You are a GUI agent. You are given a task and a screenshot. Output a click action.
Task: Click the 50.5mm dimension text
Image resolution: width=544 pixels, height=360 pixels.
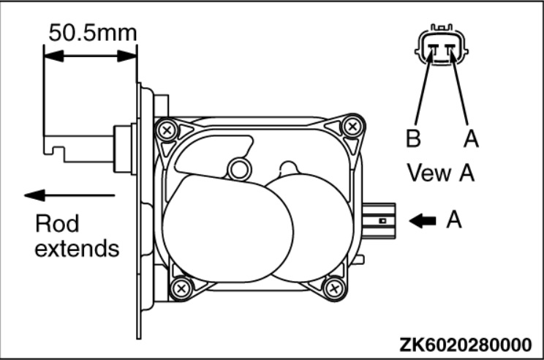(93, 33)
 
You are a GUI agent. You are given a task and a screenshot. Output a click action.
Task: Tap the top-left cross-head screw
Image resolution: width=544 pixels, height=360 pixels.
(167, 130)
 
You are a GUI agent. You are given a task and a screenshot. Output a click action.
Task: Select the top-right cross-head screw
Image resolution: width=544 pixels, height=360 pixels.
(353, 126)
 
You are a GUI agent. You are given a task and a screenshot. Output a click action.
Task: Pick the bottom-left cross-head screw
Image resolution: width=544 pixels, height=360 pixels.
(181, 288)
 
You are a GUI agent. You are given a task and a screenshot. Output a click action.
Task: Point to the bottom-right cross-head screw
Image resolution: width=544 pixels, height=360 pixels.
(334, 288)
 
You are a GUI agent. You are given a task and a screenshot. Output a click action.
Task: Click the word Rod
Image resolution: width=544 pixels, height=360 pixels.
(57, 223)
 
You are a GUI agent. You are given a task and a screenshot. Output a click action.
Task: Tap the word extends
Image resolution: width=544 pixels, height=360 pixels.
(77, 249)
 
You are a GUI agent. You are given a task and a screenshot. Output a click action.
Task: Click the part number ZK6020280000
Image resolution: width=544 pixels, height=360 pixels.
(465, 345)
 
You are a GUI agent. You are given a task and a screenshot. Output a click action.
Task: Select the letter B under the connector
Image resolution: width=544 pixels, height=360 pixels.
(413, 138)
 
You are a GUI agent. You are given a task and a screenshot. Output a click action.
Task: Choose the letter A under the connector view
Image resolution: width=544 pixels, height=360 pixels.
(471, 138)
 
